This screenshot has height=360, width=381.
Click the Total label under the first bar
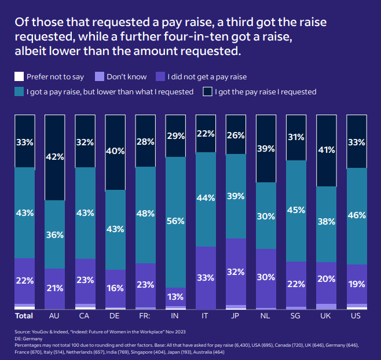tap(24, 317)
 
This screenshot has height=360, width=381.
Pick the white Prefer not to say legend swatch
tap(19, 76)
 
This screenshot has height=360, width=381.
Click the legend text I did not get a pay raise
tap(207, 76)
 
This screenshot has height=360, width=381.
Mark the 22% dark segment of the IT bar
tap(205, 134)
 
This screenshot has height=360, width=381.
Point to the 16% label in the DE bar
tap(115, 286)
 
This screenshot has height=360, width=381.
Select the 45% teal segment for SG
tap(296, 210)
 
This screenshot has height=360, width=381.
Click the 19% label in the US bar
tap(356, 284)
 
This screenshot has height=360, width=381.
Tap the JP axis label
tap(236, 317)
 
